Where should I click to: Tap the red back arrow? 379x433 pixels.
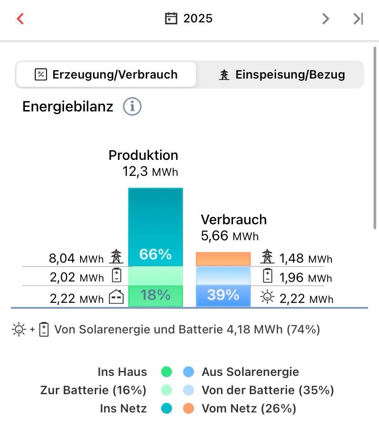(x=20, y=19)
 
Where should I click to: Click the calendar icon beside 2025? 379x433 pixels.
(x=171, y=19)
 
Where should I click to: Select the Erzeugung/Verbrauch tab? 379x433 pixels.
(x=106, y=74)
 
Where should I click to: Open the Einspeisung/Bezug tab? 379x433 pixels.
(x=282, y=74)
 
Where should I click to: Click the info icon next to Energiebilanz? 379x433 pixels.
(x=132, y=106)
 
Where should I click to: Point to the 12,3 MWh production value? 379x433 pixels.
(x=150, y=172)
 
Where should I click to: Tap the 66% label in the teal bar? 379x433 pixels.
(x=155, y=254)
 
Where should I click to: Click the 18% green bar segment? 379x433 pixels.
(x=155, y=296)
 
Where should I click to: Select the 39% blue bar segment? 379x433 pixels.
(x=223, y=296)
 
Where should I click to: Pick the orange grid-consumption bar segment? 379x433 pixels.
(x=223, y=259)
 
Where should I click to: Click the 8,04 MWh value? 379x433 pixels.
(x=76, y=259)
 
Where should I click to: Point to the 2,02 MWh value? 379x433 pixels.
(x=77, y=277)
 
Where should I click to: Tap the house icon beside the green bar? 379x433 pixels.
(x=116, y=298)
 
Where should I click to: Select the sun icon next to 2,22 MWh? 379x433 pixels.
(x=267, y=297)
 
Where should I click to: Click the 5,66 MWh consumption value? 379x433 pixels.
(x=230, y=236)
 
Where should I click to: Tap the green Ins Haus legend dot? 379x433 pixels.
(x=167, y=372)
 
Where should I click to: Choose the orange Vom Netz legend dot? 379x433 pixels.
(x=189, y=408)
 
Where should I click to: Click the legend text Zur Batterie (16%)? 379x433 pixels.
(x=93, y=391)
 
